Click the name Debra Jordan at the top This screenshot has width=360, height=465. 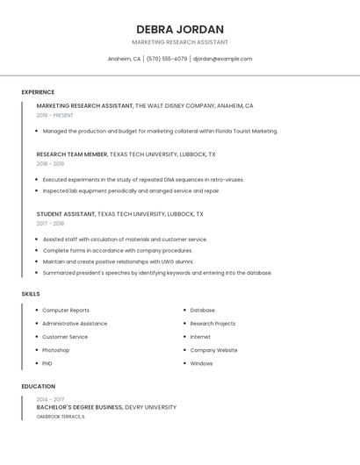180,29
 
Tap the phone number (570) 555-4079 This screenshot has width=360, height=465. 166,59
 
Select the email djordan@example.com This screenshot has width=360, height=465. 222,59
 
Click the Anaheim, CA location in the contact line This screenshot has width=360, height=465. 124,59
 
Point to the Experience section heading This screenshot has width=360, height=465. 38,92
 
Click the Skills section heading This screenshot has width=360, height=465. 31,294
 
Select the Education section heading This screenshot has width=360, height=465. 38,386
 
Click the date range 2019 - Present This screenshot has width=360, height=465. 54,115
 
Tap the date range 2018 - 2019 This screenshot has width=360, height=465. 50,163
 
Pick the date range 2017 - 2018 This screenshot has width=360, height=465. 50,223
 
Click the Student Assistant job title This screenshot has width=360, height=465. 66,213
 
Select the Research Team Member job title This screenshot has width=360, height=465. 72,154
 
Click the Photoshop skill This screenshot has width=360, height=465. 55,350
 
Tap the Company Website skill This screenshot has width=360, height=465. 213,350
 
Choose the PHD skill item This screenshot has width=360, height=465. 47,363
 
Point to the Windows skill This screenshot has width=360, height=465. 201,363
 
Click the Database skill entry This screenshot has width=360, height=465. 202,310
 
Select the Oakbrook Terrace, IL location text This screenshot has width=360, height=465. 61,417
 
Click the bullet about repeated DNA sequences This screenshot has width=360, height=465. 143,179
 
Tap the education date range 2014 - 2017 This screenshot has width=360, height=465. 50,399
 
